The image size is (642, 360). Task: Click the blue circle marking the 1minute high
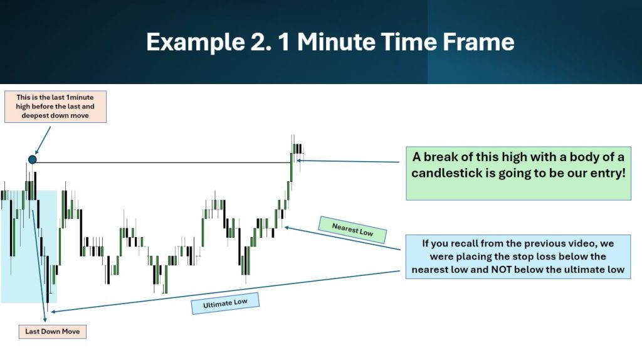coord(33,159)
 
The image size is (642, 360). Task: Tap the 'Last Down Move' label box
coord(53,331)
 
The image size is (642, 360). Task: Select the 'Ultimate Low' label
coord(225,304)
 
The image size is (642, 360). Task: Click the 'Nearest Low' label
coord(352,230)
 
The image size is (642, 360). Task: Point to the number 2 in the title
coord(260,42)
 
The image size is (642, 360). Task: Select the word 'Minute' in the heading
coord(336,42)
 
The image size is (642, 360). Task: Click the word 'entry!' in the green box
coord(608,173)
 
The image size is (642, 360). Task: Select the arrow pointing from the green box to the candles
coord(348,161)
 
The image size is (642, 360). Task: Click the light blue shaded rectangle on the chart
coord(29,246)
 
